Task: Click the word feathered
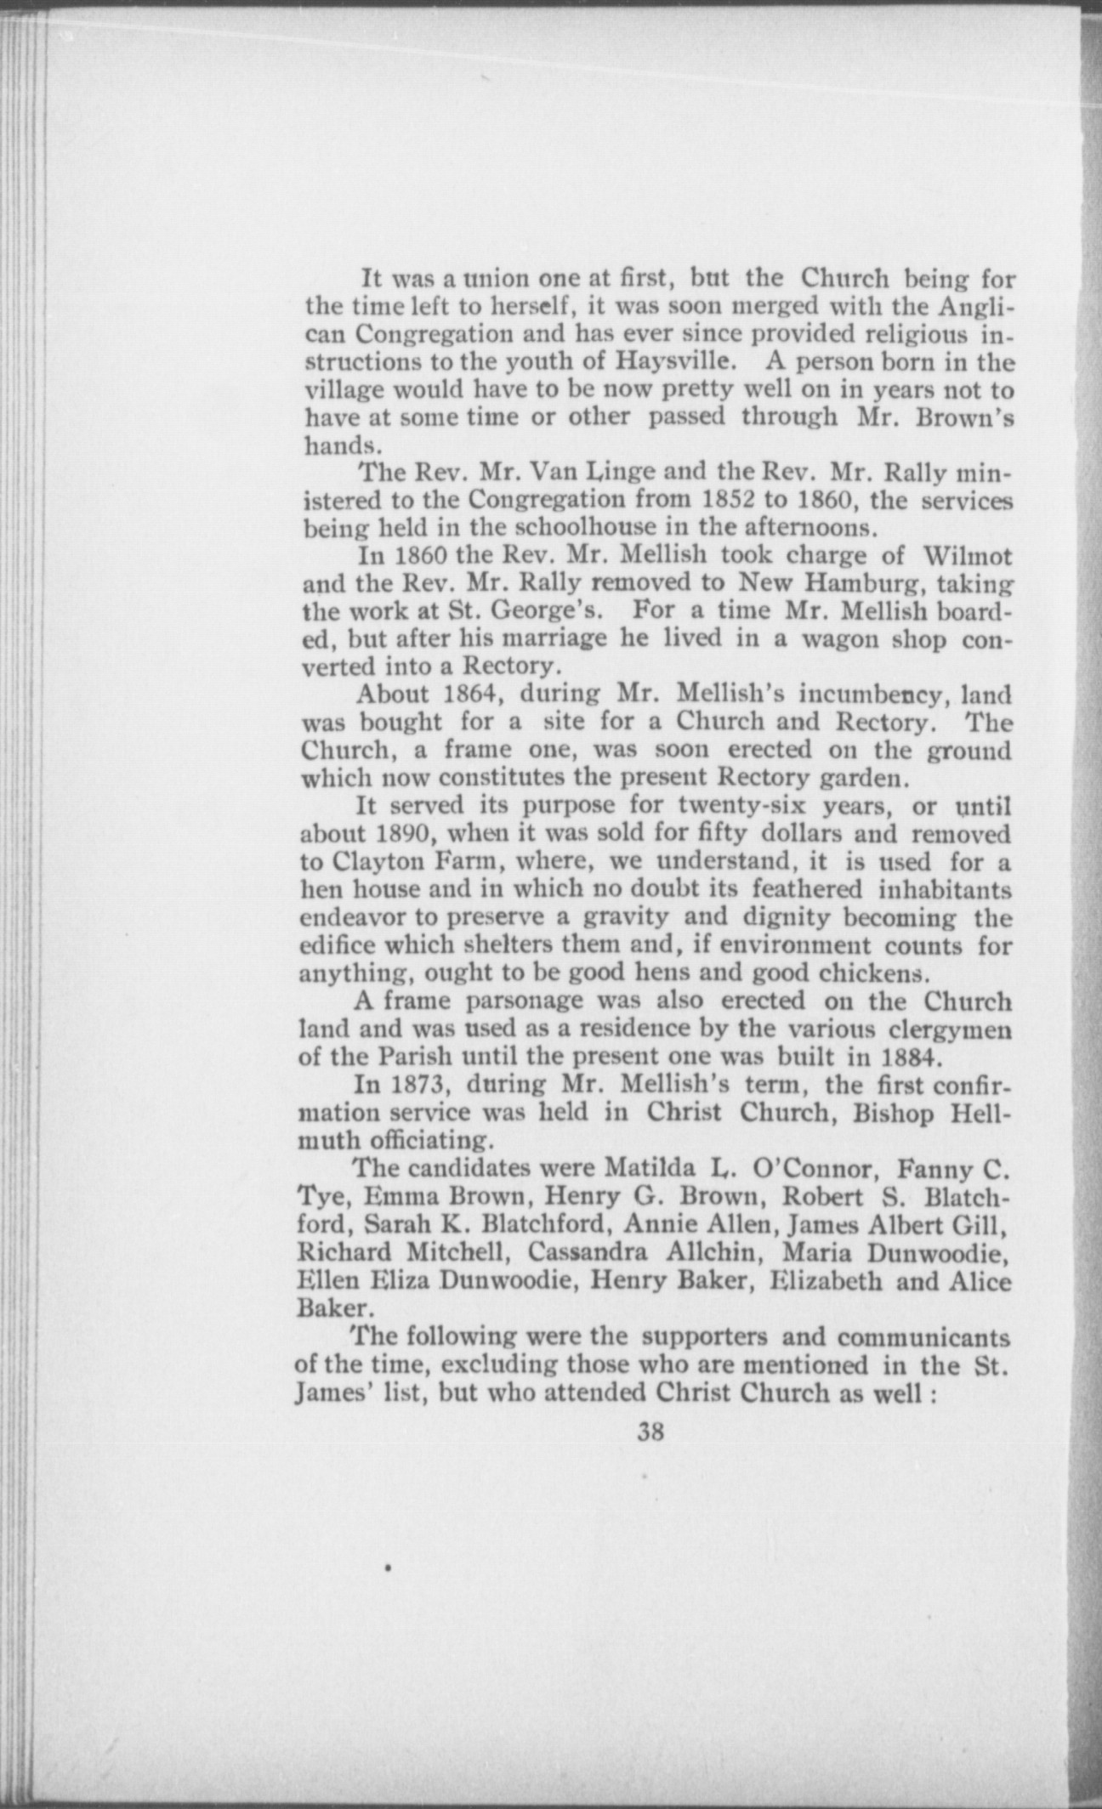coord(808,889)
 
